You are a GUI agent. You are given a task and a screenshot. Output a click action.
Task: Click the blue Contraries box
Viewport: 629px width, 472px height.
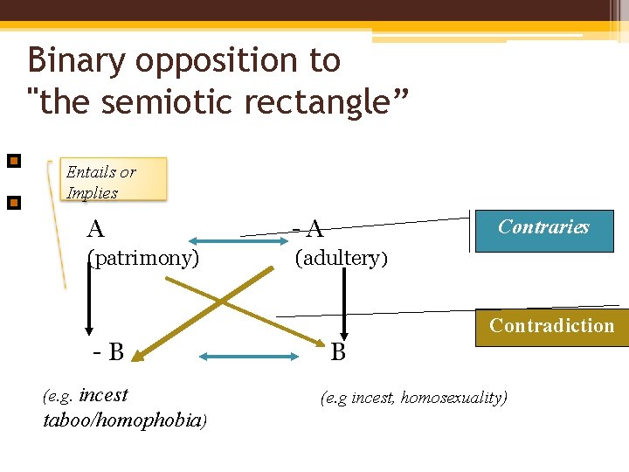543,229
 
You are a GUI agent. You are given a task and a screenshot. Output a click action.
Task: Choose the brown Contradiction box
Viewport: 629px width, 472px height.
551,327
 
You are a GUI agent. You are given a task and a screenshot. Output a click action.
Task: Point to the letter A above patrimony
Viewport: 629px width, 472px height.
96,229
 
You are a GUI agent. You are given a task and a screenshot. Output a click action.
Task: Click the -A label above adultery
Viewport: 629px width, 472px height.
308,230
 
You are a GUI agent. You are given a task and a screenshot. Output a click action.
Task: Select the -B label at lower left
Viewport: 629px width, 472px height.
110,352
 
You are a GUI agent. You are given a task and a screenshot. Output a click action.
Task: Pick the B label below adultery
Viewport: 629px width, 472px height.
338,352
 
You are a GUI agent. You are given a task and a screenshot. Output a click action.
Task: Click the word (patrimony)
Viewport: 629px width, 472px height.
143,258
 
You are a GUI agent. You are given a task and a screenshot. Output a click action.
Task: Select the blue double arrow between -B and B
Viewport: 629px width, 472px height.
249,356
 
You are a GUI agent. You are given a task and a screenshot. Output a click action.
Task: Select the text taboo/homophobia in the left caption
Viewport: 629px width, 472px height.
122,420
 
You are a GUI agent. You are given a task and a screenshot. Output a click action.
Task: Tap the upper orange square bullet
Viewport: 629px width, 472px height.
13,161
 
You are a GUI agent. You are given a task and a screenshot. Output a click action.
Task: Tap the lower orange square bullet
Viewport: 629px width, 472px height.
13,204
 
